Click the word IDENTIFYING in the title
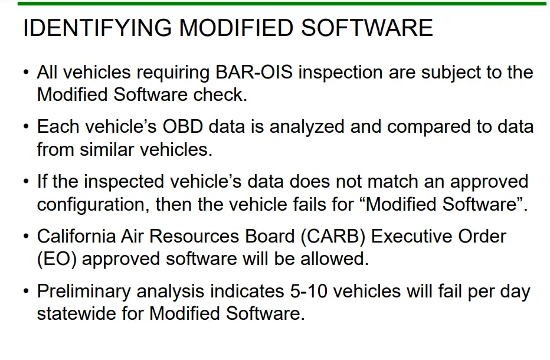coord(97,28)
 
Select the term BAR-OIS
coord(254,72)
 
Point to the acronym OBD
coord(182,127)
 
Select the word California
coord(77,236)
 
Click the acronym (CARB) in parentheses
coord(333,237)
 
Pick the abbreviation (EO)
coord(57,260)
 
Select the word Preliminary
coord(84,292)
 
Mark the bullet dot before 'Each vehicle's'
coord(26,126)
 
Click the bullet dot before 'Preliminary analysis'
coord(26,291)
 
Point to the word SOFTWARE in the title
coord(367,28)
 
